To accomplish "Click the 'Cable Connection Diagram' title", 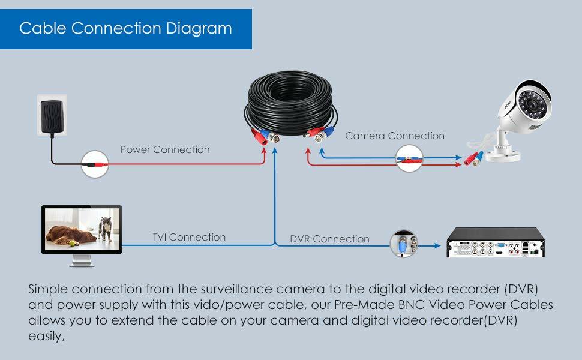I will pos(125,28).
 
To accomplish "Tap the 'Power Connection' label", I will pos(165,149).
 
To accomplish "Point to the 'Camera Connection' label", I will pos(395,136).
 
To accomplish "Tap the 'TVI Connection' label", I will pos(189,238).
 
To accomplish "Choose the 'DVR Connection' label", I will pos(329,239).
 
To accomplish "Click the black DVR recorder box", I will pos(498,242).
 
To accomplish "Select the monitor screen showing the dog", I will pos(82,229).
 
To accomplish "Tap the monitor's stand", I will pos(82,261).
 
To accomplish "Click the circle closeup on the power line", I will pos(95,162).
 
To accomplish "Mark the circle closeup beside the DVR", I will pos(404,244).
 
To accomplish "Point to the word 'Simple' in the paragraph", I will pos(49,289).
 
